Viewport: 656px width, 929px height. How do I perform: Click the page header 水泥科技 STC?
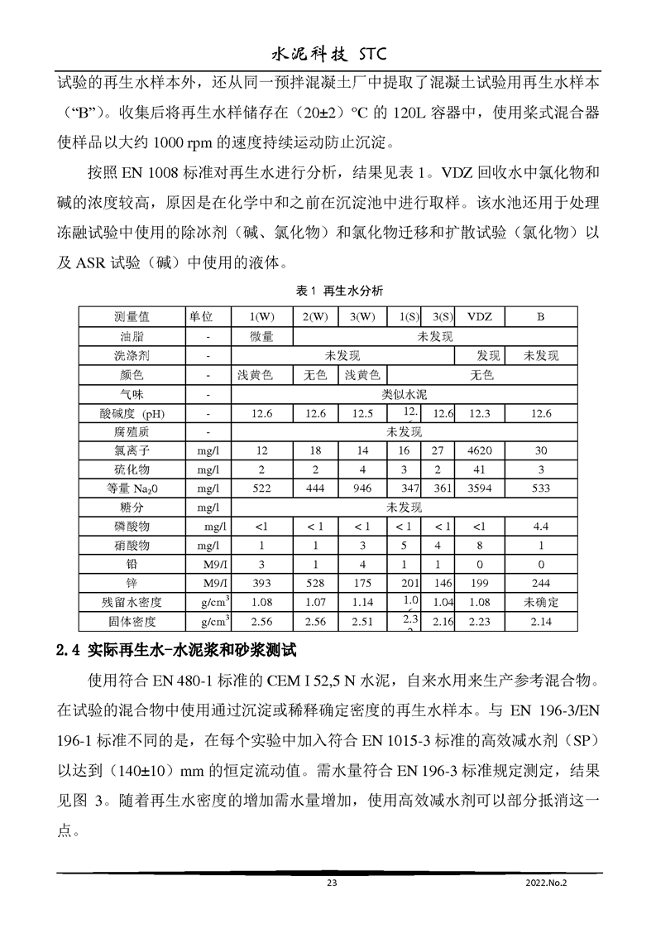[328, 55]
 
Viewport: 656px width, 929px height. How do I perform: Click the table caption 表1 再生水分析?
[328, 291]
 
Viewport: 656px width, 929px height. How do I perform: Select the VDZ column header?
[480, 316]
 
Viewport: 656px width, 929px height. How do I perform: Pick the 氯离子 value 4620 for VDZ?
[480, 451]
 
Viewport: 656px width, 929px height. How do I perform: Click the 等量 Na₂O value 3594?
[480, 489]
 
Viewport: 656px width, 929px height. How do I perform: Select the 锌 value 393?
[261, 583]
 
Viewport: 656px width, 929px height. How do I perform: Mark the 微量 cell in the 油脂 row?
[261, 336]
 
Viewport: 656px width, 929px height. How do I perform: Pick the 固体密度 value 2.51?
[362, 621]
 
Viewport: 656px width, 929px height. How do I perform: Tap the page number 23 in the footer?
[332, 883]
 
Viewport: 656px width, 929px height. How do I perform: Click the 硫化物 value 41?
[480, 469]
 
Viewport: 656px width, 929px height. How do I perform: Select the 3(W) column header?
[362, 316]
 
